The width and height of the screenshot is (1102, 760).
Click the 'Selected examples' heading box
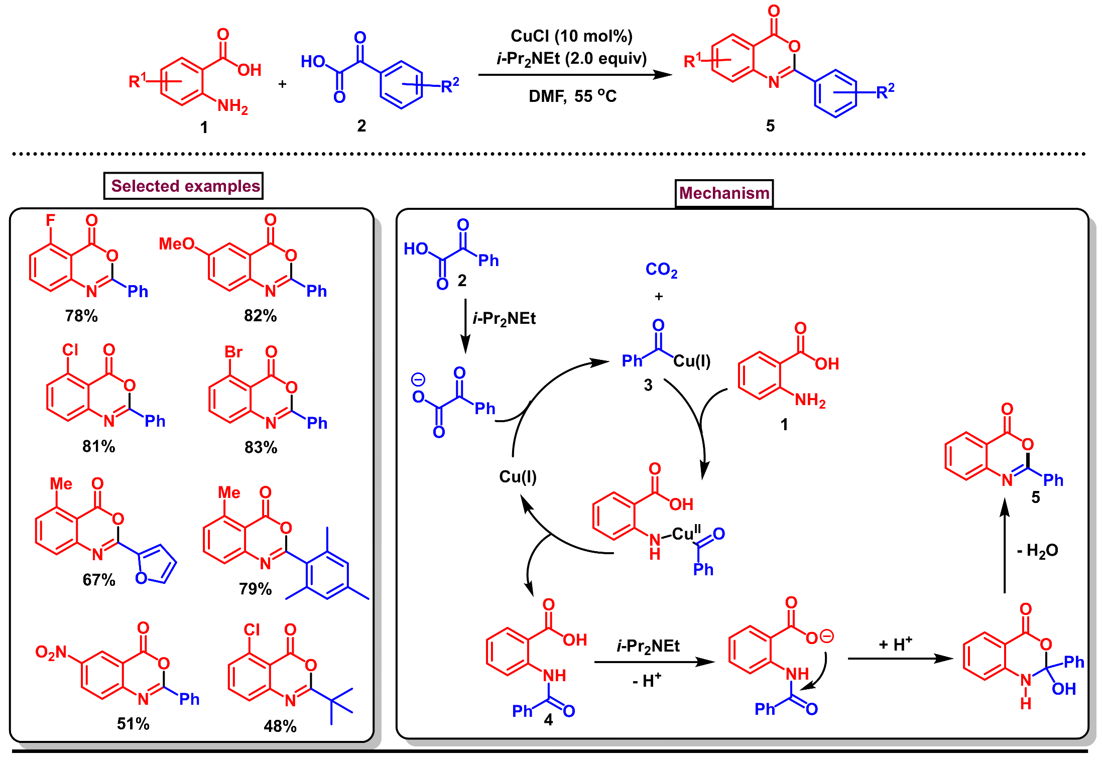pos(183,186)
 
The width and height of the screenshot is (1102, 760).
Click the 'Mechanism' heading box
pos(723,193)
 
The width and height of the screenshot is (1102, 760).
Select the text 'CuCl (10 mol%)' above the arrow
pos(571,36)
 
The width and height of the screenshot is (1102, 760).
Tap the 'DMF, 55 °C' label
pos(572,96)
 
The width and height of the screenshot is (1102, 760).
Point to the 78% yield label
pos(81,316)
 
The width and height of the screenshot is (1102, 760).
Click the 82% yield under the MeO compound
pos(260,316)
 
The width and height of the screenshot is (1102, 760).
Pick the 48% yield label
pos(280,726)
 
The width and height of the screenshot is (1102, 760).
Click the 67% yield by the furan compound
pos(99,580)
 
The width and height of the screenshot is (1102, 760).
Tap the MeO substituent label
pos(176,244)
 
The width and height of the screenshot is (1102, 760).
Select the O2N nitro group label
pos(51,652)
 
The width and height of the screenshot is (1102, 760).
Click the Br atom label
pos(233,352)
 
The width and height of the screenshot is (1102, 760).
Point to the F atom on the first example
pos(50,220)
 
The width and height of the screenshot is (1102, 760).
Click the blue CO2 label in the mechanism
pos(661,270)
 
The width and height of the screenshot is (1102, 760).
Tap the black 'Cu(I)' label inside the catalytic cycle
pos(518,476)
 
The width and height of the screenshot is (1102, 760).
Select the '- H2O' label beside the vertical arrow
pos(1037,551)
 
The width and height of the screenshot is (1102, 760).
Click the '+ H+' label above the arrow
pos(895,644)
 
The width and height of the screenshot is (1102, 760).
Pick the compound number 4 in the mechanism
pos(548,720)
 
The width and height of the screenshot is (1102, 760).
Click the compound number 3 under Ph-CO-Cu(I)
pos(648,385)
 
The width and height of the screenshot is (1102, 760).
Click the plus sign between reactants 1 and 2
pos(282,84)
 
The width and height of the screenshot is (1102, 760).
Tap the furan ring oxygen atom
pos(141,578)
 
